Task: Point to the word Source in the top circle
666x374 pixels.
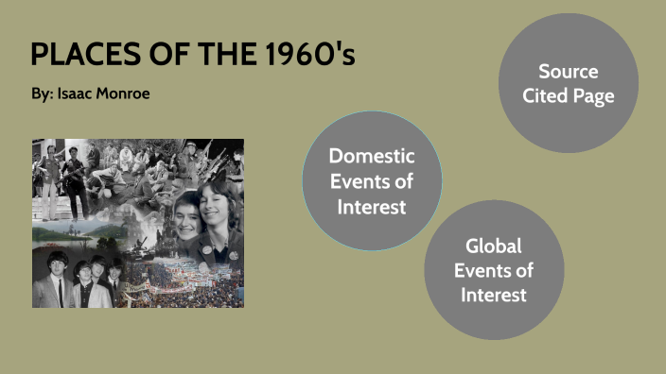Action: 568,71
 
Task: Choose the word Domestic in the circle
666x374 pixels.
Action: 371,156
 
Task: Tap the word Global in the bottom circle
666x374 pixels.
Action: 493,246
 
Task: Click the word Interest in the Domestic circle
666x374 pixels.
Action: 371,205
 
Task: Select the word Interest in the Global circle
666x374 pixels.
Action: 493,295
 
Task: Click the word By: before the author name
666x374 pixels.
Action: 42,95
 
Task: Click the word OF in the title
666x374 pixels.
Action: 172,55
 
